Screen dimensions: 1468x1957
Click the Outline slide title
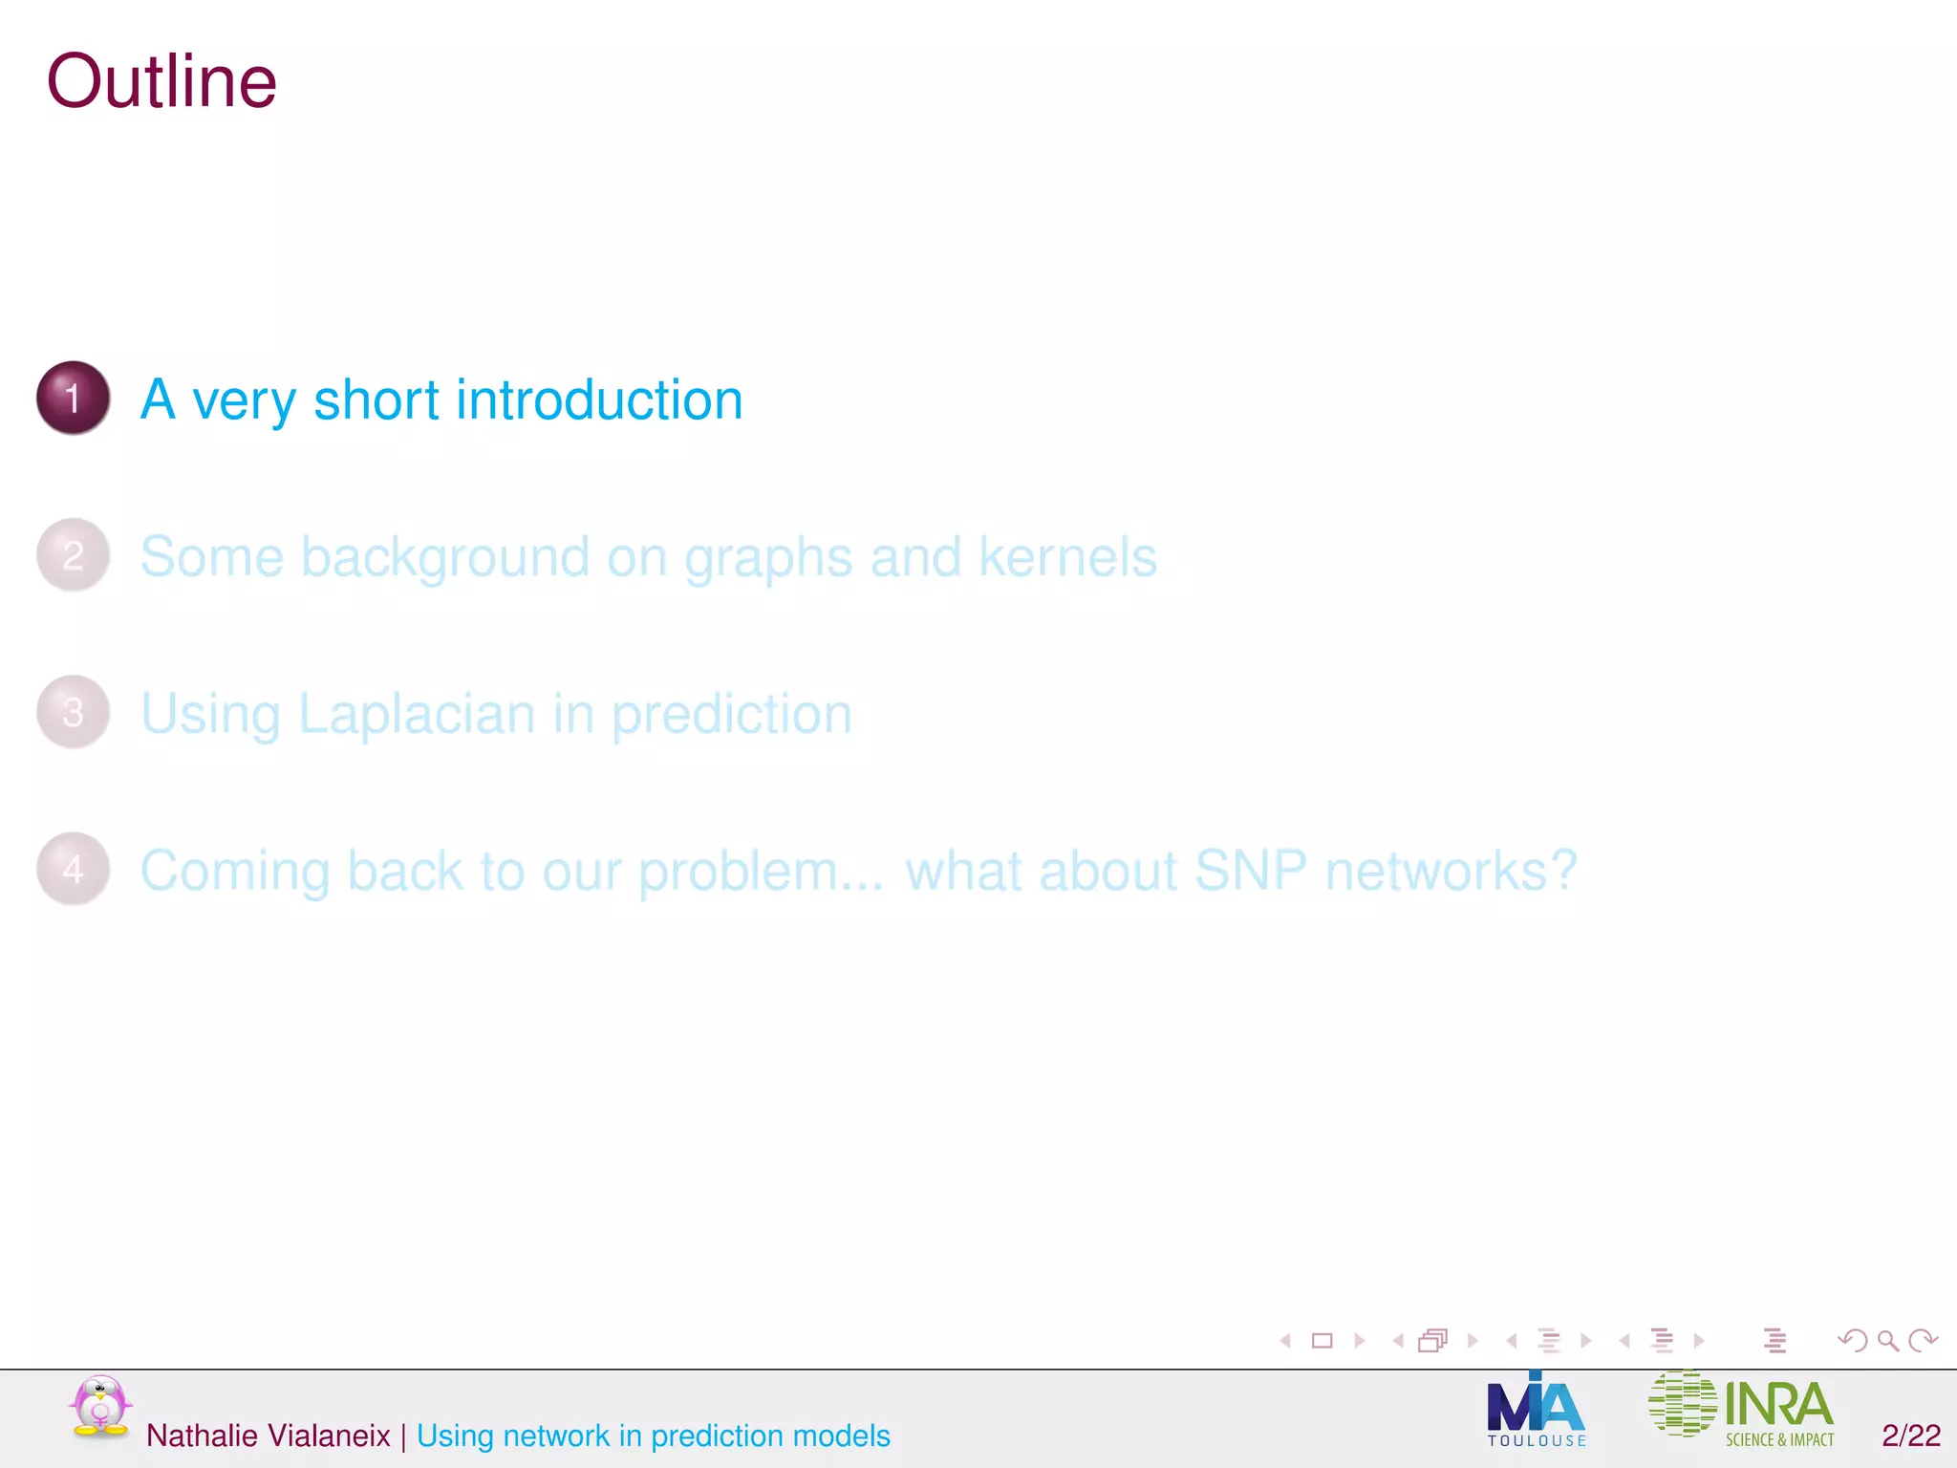(x=161, y=82)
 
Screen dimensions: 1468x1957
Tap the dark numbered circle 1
(x=74, y=398)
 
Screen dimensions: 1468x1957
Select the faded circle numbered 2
(x=74, y=554)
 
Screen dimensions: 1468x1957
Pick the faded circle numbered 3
(x=74, y=712)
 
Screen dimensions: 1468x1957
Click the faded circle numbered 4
(x=74, y=869)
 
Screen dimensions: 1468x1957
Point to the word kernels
(x=1067, y=556)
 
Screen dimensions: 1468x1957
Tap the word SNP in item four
(x=1250, y=871)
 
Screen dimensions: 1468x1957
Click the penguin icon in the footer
(x=99, y=1406)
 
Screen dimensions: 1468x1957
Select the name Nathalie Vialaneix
(x=269, y=1436)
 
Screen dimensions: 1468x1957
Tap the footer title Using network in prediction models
(x=654, y=1436)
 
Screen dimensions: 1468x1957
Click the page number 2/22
(x=1910, y=1436)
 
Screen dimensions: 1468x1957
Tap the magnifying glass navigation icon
(x=1887, y=1341)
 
